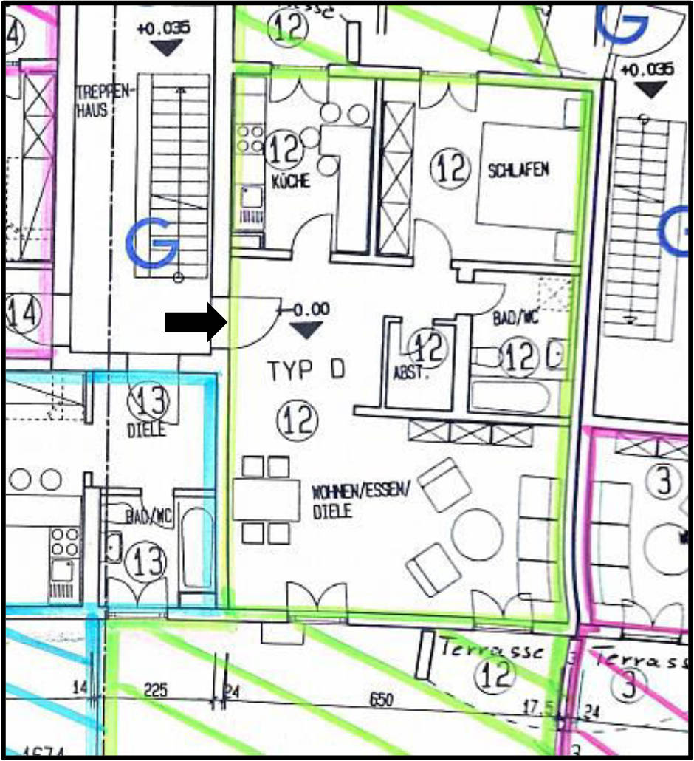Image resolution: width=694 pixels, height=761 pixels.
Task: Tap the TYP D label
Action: pos(306,369)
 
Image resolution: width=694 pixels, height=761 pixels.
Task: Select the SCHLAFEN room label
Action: pos(518,170)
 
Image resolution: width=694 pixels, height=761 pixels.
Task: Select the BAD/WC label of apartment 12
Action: pos(518,319)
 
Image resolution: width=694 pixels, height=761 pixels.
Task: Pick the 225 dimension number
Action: pos(155,690)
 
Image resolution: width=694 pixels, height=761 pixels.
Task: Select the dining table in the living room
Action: pos(266,499)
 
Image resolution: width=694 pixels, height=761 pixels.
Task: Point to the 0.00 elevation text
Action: pos(311,310)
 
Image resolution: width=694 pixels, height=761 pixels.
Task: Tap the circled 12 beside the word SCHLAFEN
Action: pos(450,168)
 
